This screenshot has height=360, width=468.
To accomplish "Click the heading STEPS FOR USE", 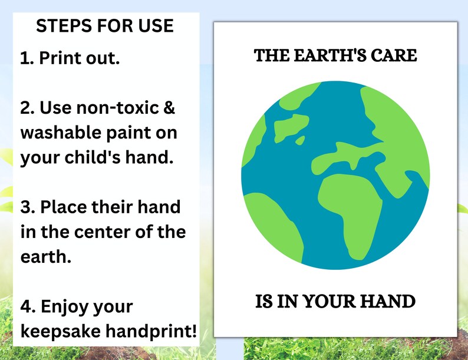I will [x=105, y=26].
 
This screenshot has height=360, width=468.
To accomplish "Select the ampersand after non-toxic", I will [x=168, y=108].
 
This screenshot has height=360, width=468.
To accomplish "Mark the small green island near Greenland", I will [x=301, y=140].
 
